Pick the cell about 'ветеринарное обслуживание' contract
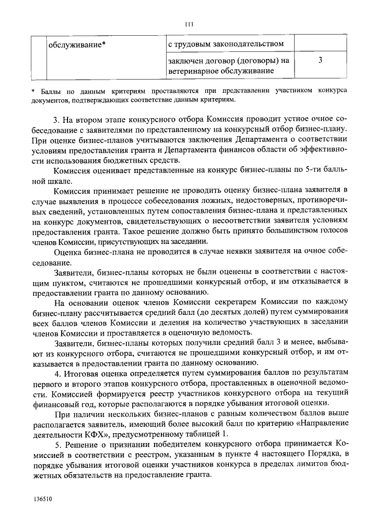point(228,65)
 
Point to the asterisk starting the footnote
point(33,91)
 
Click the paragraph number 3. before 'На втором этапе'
point(57,119)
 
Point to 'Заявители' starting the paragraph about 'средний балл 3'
point(73,343)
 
